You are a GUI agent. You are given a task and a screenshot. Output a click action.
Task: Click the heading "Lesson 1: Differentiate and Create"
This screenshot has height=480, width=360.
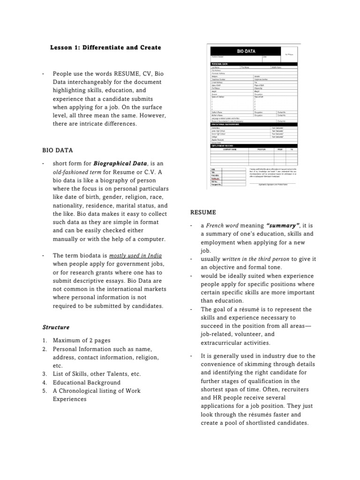tap(105, 47)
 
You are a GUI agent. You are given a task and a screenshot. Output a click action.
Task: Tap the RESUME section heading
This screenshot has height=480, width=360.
tap(203, 212)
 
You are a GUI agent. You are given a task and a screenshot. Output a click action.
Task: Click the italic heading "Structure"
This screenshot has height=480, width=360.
tap(56, 327)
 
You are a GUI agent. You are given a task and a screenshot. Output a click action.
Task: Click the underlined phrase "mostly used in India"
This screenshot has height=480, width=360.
tap(135, 255)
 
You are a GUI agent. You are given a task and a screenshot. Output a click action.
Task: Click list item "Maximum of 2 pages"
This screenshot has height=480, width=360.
tap(82, 340)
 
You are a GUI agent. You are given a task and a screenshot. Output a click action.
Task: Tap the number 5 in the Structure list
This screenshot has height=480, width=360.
tap(44, 391)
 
